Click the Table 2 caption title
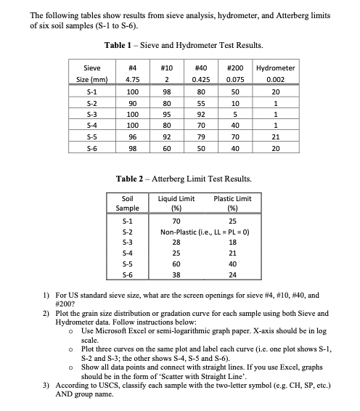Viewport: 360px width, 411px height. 179,179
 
